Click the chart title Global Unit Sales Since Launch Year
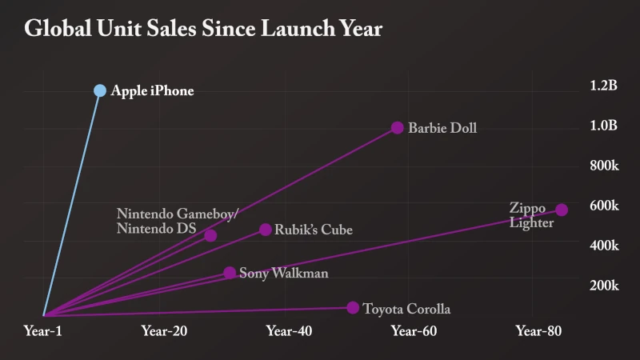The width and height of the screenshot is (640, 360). click(x=203, y=30)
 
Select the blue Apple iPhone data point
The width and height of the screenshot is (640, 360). click(x=100, y=90)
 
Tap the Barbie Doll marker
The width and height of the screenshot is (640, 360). click(x=398, y=128)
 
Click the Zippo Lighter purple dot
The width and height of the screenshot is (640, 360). click(x=562, y=210)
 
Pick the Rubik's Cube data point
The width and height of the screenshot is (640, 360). click(x=266, y=230)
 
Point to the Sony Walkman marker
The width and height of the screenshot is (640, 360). click(x=230, y=273)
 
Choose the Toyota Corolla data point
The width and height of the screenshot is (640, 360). click(x=353, y=308)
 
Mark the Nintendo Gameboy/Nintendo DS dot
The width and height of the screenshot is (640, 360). click(x=210, y=235)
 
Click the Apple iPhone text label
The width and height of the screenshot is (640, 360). click(x=152, y=91)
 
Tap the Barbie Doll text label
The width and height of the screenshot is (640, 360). click(x=442, y=128)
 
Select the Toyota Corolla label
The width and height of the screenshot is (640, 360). click(x=406, y=309)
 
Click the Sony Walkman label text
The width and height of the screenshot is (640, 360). click(x=283, y=274)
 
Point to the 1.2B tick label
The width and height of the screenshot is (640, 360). click(x=603, y=86)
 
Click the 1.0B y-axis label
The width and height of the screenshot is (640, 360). click(x=603, y=126)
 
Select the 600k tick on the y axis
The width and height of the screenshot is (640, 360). click(x=604, y=206)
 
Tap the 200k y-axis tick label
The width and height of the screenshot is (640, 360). click(x=604, y=286)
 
